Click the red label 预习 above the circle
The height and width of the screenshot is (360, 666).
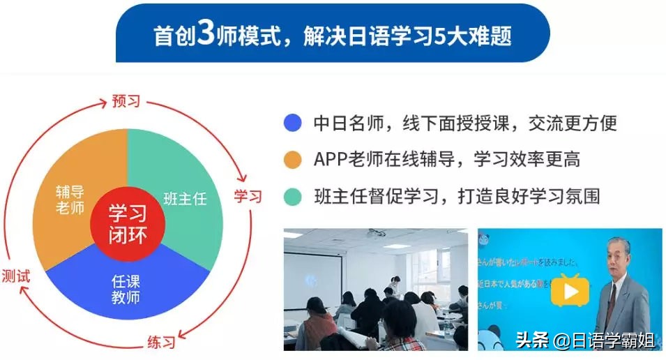[x=126, y=101]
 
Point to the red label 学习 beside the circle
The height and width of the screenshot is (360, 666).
[x=248, y=196]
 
